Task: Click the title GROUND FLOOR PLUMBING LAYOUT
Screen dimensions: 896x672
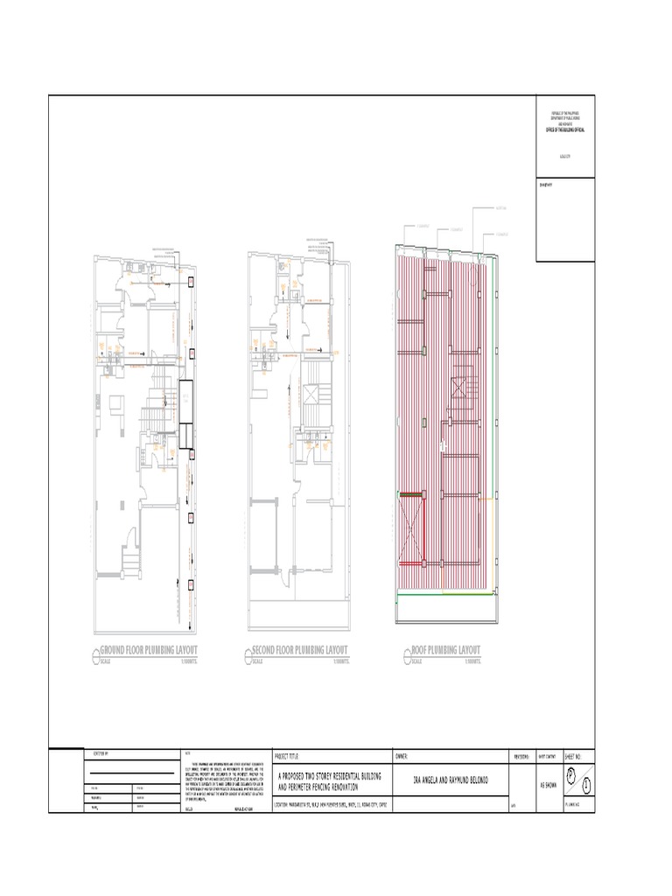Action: (x=149, y=650)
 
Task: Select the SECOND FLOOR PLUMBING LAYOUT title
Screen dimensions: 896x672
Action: (x=299, y=650)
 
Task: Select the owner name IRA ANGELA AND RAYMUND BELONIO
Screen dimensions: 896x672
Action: (x=450, y=780)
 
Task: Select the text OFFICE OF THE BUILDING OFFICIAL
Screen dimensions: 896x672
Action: (x=566, y=129)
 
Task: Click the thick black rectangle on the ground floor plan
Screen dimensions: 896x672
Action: (x=185, y=416)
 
